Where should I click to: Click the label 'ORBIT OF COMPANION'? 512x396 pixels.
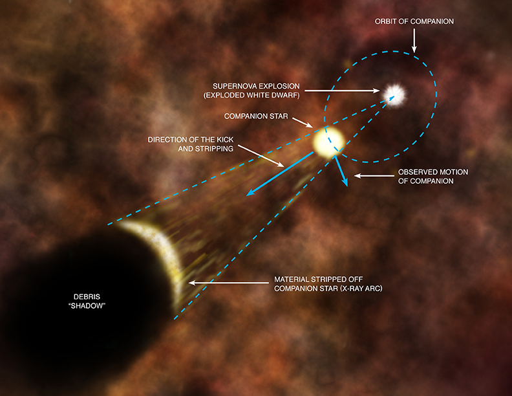point(414,21)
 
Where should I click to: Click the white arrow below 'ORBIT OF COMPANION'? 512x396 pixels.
point(414,40)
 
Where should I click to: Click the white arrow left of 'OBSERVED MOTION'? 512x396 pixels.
point(374,175)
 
